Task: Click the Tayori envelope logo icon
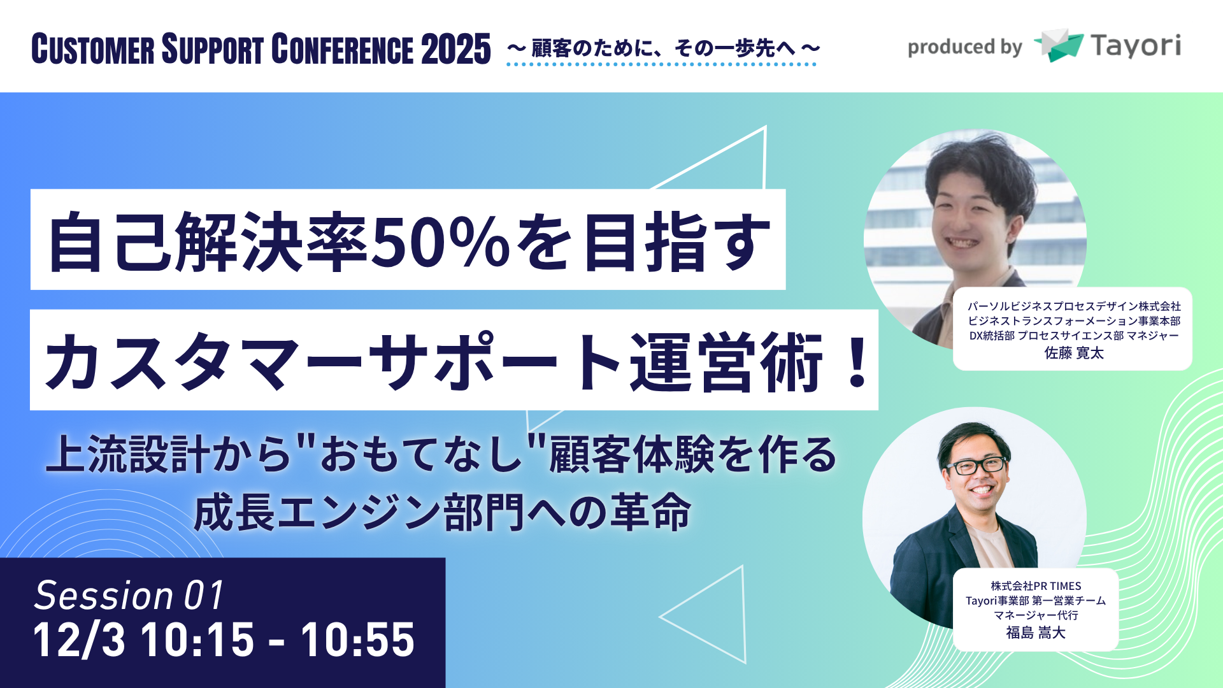coord(1059,45)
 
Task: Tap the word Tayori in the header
coord(1135,46)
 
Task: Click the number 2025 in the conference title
coord(455,49)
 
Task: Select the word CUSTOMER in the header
coord(93,50)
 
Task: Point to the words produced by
coord(964,47)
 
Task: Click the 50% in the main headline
coord(440,242)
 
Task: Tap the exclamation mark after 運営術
coord(857,362)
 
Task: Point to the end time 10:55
coord(358,640)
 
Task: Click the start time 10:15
coord(197,640)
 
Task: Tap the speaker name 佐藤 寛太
coord(1074,353)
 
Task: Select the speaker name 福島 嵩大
coord(1036,633)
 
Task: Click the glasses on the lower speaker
coord(975,466)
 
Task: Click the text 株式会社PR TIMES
coord(1036,586)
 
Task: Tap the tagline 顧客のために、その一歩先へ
coord(662,48)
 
